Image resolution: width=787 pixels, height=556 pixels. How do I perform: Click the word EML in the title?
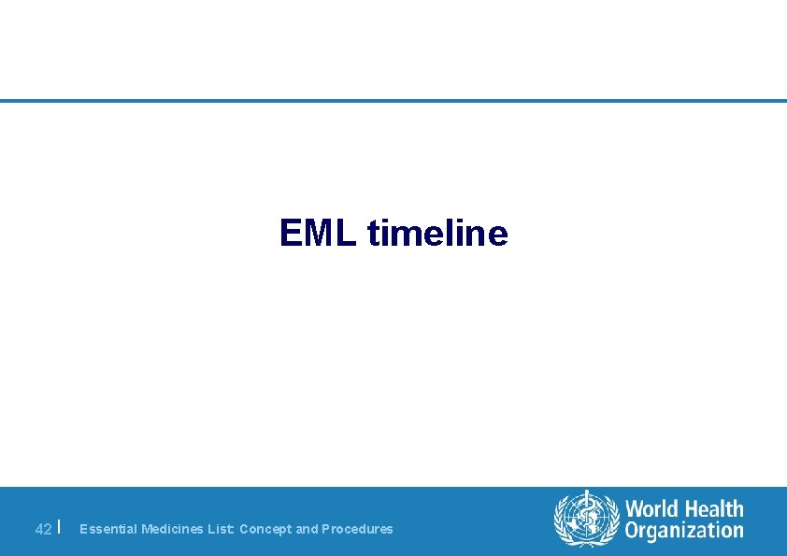[x=318, y=233]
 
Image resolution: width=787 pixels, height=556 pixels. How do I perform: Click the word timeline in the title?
[x=437, y=233]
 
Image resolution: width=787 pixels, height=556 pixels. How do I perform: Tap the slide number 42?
[x=43, y=529]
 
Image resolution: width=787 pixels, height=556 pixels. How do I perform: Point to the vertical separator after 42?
[x=60, y=527]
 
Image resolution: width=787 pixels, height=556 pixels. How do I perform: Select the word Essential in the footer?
[x=108, y=529]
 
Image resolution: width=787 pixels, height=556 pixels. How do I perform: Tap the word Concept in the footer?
[x=265, y=529]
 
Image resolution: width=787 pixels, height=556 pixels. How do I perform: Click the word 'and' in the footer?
[x=307, y=529]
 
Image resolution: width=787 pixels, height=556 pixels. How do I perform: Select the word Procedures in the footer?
[x=357, y=529]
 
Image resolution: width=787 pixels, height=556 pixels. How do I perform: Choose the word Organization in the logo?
[x=684, y=531]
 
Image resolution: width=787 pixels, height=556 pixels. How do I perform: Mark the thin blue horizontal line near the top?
[x=393, y=101]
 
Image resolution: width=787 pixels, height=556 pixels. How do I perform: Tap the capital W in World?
[x=635, y=509]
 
